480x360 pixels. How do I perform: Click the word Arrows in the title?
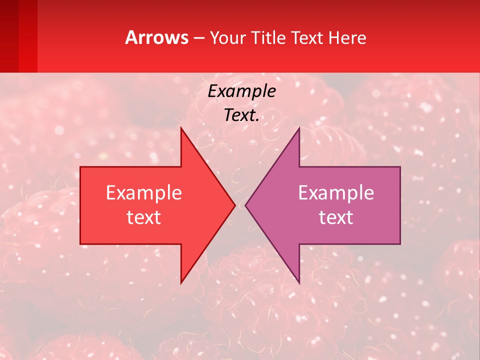click(157, 37)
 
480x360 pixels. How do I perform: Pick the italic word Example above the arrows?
click(241, 91)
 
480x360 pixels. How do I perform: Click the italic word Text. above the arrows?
click(241, 115)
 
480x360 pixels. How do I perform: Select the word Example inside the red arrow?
click(143, 193)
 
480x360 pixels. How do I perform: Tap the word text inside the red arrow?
click(143, 217)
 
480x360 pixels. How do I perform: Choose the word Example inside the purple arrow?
click(336, 193)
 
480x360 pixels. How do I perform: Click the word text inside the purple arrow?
click(336, 217)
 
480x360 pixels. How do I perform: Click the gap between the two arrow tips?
click(240, 205)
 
